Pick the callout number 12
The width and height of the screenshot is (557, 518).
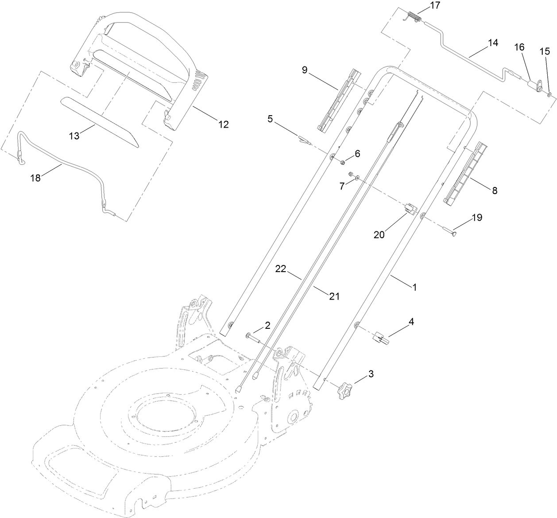[224, 125]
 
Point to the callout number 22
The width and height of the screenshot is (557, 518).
[281, 269]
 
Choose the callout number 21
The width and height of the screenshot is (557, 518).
[334, 296]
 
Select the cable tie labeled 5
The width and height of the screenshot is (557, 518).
[302, 140]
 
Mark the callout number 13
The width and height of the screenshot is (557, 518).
[74, 136]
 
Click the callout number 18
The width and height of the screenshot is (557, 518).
[35, 178]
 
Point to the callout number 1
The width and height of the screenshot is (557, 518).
[415, 287]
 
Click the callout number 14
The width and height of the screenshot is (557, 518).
[493, 43]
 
